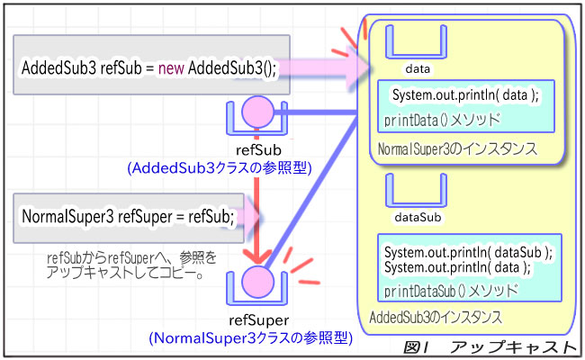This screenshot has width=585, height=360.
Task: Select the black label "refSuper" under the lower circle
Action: [258, 319]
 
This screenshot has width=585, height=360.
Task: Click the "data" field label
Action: [417, 68]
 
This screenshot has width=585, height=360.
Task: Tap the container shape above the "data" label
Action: [417, 41]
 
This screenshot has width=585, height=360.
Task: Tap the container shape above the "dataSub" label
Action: [417, 191]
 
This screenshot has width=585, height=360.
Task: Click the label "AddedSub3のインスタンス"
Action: [436, 318]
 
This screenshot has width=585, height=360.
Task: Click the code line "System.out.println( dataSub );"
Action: [468, 252]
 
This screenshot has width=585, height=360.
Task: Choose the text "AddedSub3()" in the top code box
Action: [229, 67]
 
